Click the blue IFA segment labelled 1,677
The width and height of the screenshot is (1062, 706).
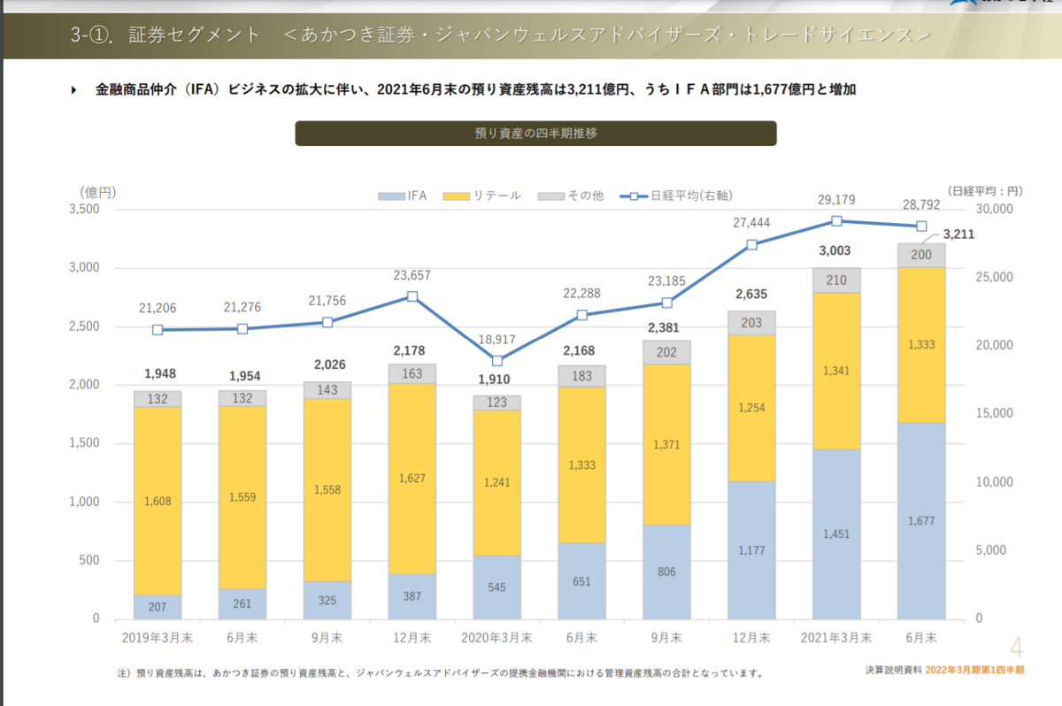click(921, 520)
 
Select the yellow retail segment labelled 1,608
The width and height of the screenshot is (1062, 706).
click(158, 501)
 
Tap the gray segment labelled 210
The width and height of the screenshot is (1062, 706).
click(836, 280)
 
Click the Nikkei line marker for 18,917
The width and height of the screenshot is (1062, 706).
click(497, 360)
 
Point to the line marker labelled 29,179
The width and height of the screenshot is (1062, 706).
click(836, 221)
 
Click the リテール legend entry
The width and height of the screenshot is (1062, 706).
click(482, 196)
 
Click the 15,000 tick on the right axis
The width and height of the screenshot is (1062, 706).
click(995, 414)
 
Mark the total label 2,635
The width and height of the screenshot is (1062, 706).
click(751, 295)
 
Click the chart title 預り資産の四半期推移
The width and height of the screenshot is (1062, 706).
click(535, 134)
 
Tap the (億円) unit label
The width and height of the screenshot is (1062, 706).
click(97, 191)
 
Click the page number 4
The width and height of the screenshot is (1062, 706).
click(1016, 648)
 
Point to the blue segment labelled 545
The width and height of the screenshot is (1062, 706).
click(496, 587)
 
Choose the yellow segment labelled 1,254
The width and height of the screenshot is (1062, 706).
click(751, 408)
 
